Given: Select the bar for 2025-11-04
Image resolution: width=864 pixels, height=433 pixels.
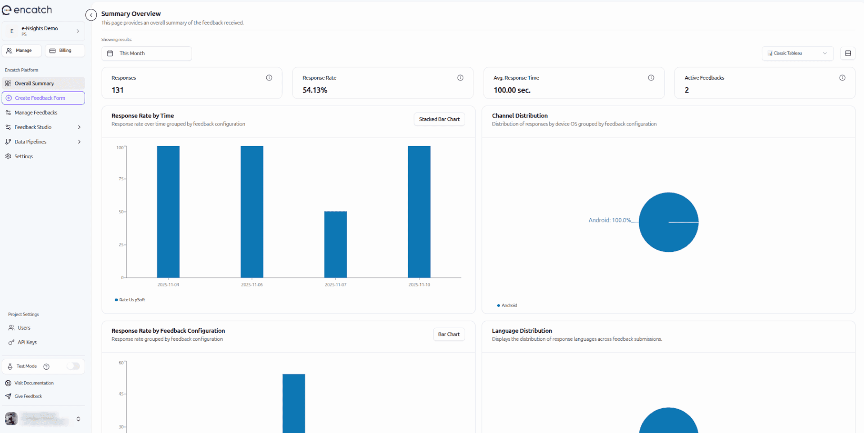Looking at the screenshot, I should [x=168, y=211].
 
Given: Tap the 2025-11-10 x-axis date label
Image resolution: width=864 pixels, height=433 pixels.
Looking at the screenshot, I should [x=419, y=285].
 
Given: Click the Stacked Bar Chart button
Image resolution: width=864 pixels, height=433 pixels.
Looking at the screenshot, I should [x=439, y=119].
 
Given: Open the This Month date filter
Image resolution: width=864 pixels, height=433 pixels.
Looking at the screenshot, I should [x=146, y=54].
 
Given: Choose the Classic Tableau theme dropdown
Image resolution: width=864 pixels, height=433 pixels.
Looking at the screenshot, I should [x=797, y=54].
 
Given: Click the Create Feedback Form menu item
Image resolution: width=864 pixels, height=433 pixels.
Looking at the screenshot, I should [x=43, y=98].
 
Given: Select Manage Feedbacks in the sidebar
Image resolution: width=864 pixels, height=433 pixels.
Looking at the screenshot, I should [x=36, y=113].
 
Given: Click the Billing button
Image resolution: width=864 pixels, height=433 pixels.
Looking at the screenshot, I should [x=65, y=51].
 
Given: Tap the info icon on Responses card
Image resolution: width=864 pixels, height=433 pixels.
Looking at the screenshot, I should [x=269, y=78].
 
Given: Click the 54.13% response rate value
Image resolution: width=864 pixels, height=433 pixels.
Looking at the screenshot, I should [x=315, y=90].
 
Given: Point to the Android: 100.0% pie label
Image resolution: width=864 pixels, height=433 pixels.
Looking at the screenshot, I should [x=609, y=220].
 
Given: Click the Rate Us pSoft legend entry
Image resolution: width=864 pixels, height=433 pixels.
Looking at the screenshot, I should [x=132, y=300].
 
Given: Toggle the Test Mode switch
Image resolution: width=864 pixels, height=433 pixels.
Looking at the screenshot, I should [x=73, y=366].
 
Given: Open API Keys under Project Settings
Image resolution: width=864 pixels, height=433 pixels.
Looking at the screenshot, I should [x=27, y=343].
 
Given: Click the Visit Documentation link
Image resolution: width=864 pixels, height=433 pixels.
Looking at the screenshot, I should [x=34, y=383].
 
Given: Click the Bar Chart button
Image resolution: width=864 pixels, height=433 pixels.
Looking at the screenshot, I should [x=449, y=335].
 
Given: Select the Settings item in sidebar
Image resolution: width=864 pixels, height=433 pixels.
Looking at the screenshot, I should [x=23, y=156].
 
